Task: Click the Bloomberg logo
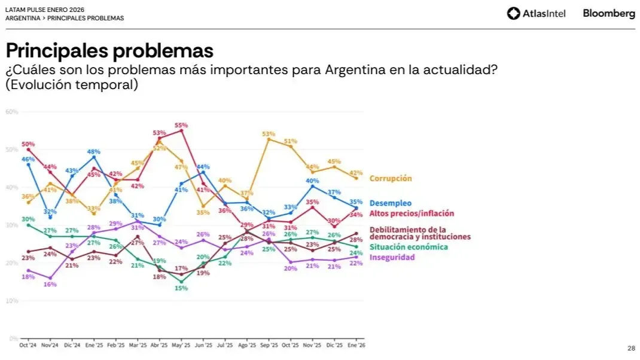pos(609,14)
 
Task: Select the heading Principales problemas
pos(109,50)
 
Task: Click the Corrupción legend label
pos(391,178)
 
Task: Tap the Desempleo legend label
pos(390,203)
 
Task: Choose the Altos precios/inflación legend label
pos(412,213)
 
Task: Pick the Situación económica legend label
pos(408,247)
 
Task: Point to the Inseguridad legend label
pos(392,257)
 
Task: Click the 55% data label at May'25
pos(181,125)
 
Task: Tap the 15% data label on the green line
pos(181,288)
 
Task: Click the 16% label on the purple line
pos(50,285)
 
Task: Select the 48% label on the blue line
pos(93,152)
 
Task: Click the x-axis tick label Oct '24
pos(28,345)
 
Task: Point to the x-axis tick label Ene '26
pos(356,345)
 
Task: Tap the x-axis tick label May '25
pos(181,345)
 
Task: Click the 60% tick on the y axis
pos(12,112)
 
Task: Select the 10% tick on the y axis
pos(12,301)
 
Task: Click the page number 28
pos(631,349)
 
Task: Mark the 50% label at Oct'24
pos(28,144)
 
